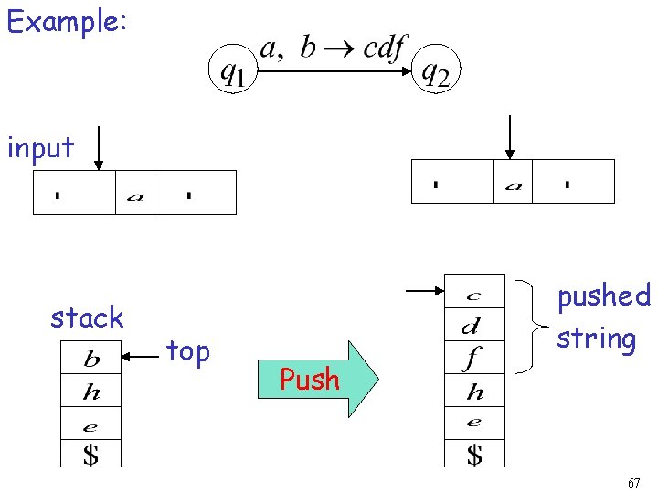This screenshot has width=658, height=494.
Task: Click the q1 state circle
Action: point(232,70)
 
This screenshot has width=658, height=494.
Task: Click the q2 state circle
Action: point(437,70)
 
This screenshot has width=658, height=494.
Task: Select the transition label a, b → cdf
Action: point(333,48)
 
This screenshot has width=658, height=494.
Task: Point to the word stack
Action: point(87,317)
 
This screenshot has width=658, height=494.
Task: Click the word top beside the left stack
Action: point(188,350)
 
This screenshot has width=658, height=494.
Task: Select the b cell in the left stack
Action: point(90,357)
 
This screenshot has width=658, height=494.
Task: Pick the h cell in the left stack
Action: point(90,393)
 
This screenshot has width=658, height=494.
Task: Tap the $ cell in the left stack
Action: point(90,453)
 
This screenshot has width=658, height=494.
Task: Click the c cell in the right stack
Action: point(473,295)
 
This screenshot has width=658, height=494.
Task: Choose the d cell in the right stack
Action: point(473,326)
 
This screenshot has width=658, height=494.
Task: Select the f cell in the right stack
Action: point(473,359)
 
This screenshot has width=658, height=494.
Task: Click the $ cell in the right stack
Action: point(473,454)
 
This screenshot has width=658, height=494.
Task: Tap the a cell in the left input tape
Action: point(134,194)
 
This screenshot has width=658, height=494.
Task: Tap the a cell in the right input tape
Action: point(513,183)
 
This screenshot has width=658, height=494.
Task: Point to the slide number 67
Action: point(633,482)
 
